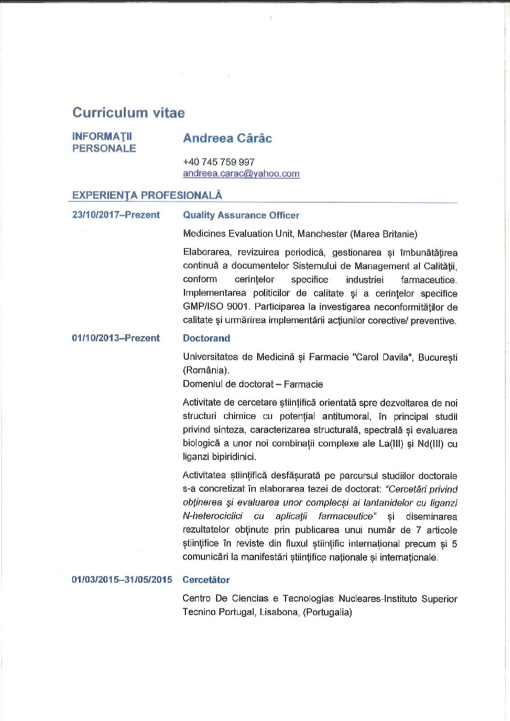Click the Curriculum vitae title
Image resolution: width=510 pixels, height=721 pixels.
point(128,113)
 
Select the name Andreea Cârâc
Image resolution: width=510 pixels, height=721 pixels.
point(227,138)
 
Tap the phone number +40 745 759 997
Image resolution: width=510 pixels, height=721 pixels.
point(219,162)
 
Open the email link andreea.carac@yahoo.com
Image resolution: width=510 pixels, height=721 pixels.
point(241,173)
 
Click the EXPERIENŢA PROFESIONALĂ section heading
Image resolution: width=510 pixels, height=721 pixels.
point(147,195)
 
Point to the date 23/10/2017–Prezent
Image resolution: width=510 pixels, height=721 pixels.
point(116,215)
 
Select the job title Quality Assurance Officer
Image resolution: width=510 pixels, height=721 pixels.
point(241,215)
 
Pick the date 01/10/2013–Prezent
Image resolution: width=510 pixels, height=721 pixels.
point(116,338)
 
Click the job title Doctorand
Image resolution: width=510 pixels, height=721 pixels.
point(206,338)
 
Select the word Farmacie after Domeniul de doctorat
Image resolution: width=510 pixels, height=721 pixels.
point(303,384)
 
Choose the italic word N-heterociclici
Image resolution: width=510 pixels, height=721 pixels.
point(212,516)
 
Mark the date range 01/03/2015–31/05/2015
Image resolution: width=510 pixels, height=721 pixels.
point(122,579)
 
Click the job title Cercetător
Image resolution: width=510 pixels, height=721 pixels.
point(206,580)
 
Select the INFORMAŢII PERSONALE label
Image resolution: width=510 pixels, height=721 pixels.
point(104,142)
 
